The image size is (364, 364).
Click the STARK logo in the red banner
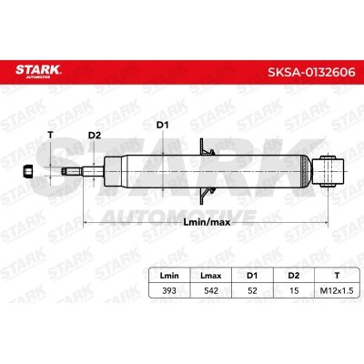38,71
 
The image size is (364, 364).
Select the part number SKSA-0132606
311,72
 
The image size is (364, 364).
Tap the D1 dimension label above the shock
162,126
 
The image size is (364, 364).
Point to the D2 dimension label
95,136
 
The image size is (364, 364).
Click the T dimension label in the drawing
50,136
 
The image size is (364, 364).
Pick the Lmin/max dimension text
207,222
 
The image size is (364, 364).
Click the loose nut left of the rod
28,171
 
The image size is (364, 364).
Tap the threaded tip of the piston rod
72,171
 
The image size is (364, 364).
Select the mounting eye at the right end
329,171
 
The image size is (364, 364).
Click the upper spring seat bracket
206,148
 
